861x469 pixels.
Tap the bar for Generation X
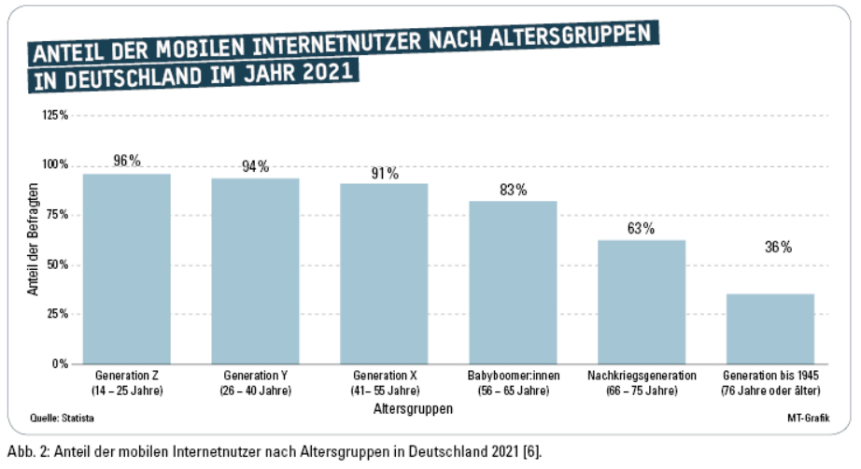coord(384,274)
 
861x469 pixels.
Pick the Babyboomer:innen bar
coord(513,282)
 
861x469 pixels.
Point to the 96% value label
coord(127,161)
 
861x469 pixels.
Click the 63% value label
coord(642,228)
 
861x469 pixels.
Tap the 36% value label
coord(770,248)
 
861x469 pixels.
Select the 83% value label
coord(513,190)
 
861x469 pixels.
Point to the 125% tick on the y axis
coord(56,115)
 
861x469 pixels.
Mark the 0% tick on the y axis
coord(62,363)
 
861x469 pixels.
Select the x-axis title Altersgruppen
coord(414,408)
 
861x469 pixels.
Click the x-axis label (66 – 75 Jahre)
coord(642,390)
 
